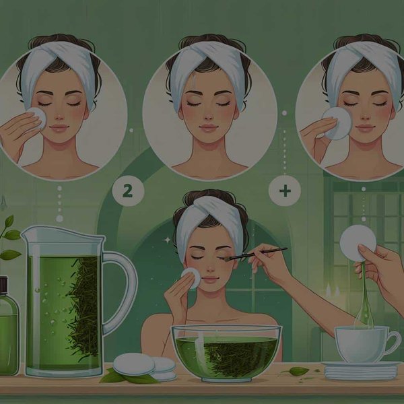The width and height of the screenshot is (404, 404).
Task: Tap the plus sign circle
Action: coord(284,191)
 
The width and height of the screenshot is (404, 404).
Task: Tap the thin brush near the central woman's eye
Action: coord(259,254)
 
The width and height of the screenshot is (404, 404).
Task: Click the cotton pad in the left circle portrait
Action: coord(38,119)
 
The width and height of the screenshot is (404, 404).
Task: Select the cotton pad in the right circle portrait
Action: coord(337,122)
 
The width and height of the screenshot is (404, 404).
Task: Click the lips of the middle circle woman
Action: coord(209,127)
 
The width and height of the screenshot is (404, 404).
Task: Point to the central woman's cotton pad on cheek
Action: coord(191,278)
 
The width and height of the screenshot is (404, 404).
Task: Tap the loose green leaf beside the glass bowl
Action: coord(297,371)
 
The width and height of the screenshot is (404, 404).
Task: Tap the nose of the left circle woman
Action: coord(59,114)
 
